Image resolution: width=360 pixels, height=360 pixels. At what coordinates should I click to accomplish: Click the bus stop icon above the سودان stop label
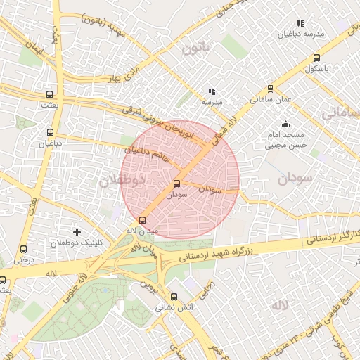pos(176,184)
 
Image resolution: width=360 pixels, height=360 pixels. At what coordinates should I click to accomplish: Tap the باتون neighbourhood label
pos(195,49)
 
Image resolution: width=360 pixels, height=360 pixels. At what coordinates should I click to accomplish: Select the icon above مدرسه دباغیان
pos(301,23)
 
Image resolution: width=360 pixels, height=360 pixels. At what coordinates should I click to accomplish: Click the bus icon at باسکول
pos(316,58)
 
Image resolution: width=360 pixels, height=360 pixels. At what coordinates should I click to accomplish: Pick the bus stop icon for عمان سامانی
pos(271,89)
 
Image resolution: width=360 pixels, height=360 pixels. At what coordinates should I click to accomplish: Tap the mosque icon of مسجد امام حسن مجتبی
pos(285,124)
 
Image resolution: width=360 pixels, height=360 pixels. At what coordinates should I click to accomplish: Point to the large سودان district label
pos(294,179)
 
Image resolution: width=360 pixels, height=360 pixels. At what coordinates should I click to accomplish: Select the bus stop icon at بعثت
pos(49,94)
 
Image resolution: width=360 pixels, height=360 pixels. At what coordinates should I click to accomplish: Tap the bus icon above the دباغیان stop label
pos(49,132)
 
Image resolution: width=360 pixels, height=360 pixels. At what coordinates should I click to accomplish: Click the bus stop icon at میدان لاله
pos(143,219)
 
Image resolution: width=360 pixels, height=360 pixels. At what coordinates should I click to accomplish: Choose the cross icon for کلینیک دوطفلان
pos(77,231)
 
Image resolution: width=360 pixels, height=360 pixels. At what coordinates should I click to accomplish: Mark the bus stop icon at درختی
pos(24,249)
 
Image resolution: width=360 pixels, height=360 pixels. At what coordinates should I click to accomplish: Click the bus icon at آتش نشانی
pos(174,297)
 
